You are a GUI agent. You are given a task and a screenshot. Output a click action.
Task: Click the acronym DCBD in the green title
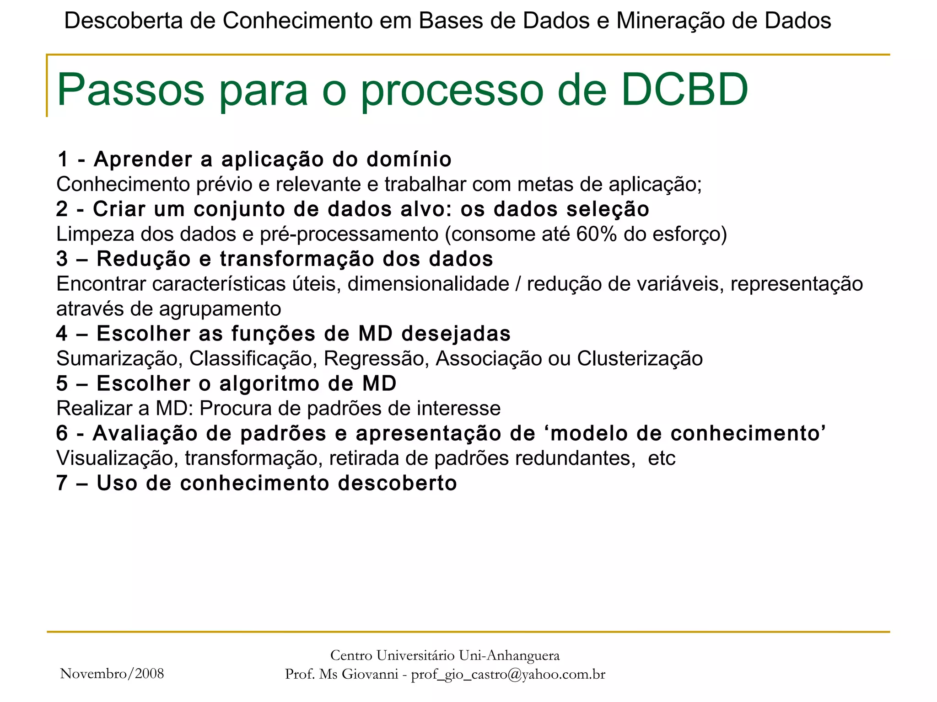point(684,90)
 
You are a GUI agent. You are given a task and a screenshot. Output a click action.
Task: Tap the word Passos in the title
point(130,90)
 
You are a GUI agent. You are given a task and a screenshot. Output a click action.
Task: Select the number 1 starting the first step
point(63,160)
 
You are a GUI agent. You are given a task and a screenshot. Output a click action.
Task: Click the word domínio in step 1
point(409,160)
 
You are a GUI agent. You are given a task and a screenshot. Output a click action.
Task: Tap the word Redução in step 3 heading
point(143,259)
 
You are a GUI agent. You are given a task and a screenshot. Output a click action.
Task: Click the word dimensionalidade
point(428,284)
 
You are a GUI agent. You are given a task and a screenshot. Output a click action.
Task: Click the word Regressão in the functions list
point(376,359)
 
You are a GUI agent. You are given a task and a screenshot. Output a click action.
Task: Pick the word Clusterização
point(640,359)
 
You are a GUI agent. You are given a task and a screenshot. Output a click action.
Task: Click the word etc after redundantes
point(662,458)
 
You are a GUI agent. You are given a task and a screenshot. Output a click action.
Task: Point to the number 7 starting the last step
point(62,484)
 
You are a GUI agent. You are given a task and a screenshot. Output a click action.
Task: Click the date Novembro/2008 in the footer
point(112,674)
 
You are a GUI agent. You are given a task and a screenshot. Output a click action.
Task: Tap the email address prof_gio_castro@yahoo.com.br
point(508,675)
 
